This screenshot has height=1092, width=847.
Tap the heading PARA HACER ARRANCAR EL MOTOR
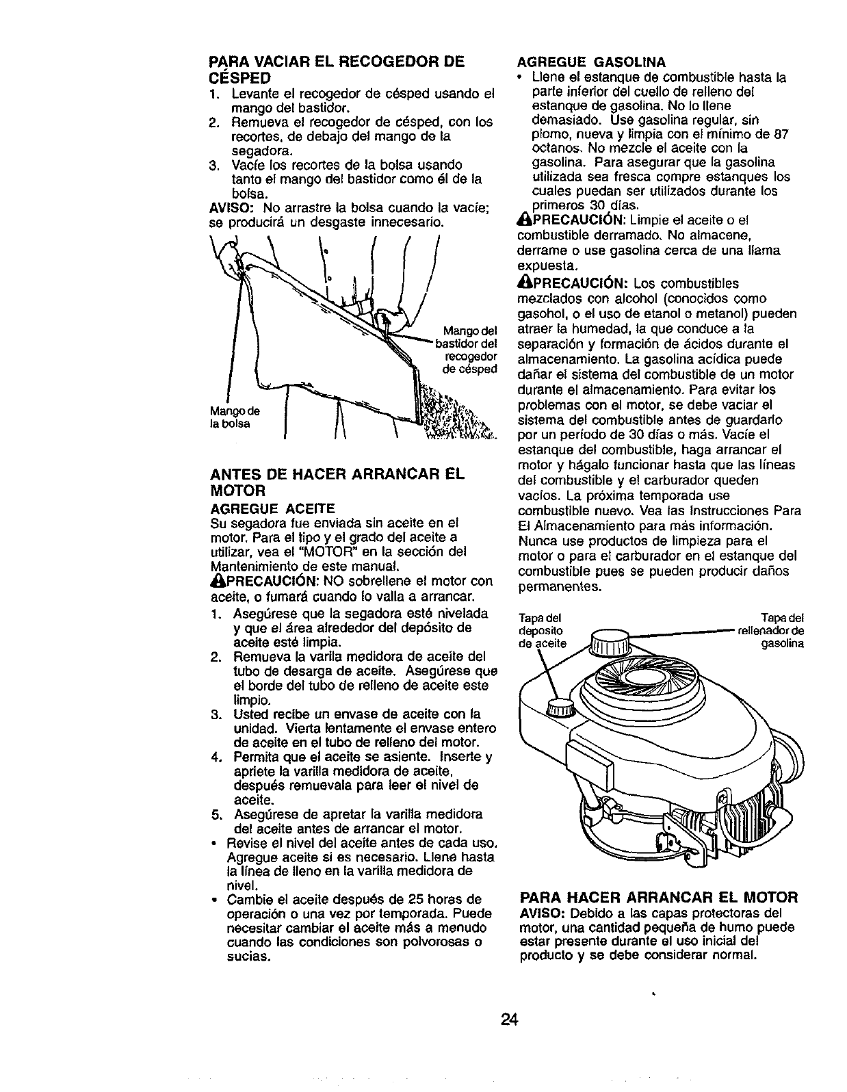click(x=659, y=897)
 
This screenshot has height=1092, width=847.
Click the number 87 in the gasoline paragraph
click(x=782, y=135)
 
